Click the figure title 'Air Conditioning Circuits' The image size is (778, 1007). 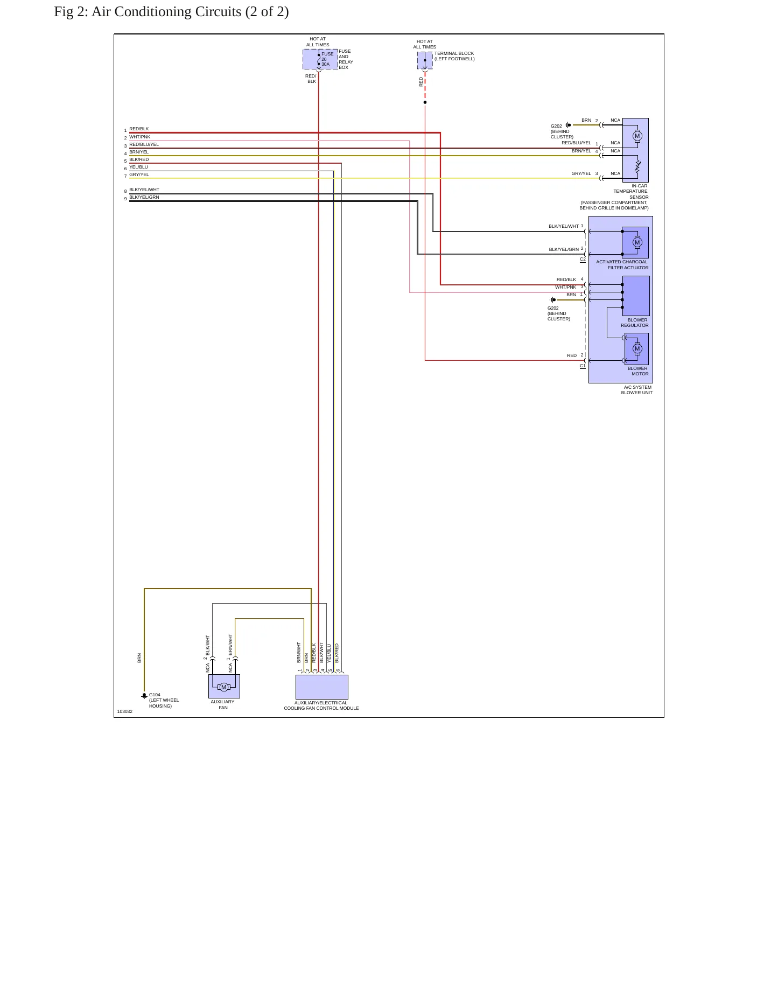pos(166,12)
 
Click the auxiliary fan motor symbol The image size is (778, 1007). pos(224,687)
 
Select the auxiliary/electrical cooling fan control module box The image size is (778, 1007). pos(322,687)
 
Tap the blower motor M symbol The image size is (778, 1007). pos(637,349)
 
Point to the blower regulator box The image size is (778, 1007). pos(636,296)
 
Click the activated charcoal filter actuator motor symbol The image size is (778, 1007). pos(637,242)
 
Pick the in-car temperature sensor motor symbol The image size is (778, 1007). pos(637,136)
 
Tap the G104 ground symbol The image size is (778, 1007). pos(144,696)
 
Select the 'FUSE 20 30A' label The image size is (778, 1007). pos(327,59)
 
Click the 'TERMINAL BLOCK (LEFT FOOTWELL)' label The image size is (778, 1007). pos(454,56)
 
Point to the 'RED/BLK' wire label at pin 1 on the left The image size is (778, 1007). pos(139,129)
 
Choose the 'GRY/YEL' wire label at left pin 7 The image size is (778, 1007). pos(139,174)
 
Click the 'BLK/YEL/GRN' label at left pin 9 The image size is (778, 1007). pos(144,197)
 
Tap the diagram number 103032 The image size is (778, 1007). pos(125,711)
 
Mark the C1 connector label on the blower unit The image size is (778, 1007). pos(583,366)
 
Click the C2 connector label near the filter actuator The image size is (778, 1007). pos(583,260)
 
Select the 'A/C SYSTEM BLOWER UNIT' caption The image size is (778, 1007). pos(637,390)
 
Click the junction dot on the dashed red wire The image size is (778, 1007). pos(425,102)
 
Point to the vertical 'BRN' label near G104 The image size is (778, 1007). pos(139,658)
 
